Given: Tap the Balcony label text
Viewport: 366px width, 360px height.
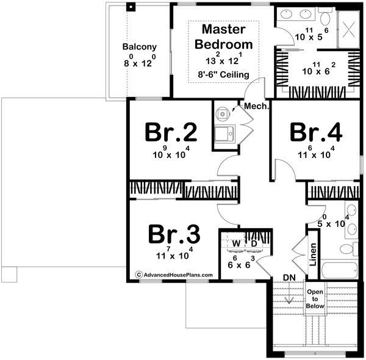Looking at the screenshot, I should (x=139, y=46).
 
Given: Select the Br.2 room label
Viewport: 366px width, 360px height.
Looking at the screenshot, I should (x=163, y=132).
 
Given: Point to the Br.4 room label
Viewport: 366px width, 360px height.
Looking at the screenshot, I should (x=315, y=132).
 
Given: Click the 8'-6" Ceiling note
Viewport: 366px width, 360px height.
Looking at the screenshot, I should (x=223, y=75).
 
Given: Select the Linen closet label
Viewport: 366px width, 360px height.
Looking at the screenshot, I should (x=312, y=255).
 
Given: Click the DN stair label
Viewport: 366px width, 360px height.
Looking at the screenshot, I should (x=290, y=278).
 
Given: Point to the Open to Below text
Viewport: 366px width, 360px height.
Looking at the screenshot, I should (x=315, y=298).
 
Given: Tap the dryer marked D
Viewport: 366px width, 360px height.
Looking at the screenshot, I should (x=254, y=244).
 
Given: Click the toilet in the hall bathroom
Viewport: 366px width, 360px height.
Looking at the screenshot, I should (x=347, y=248).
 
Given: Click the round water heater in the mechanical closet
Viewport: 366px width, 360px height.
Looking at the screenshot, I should (x=223, y=113).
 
